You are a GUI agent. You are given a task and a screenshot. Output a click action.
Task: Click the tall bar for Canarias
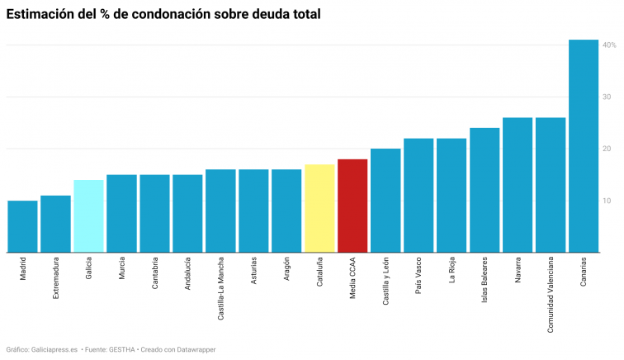coord(584,145)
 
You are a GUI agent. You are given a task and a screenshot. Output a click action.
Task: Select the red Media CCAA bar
coord(352,205)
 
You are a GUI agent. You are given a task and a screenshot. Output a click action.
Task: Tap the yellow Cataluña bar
coord(319,208)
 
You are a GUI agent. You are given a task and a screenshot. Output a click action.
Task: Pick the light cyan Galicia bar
coord(88,216)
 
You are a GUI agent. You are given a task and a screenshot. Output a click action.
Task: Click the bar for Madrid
coord(22,226)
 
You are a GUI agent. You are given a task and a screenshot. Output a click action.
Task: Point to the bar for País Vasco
coord(418,195)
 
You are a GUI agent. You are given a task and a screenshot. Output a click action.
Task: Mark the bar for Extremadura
coord(55,224)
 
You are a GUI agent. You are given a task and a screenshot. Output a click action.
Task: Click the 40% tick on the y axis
coord(608,45)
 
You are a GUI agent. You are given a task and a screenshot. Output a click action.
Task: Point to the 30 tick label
coord(606,97)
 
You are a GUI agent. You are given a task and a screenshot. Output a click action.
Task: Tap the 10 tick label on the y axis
coord(606,201)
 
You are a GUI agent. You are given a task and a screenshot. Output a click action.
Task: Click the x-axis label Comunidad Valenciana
coord(551,295)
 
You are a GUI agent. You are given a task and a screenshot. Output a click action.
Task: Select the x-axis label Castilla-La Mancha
coord(220,289)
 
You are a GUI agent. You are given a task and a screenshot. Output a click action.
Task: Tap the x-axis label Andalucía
coord(187,274)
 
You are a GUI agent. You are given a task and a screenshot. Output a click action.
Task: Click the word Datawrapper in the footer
coord(191,349)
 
